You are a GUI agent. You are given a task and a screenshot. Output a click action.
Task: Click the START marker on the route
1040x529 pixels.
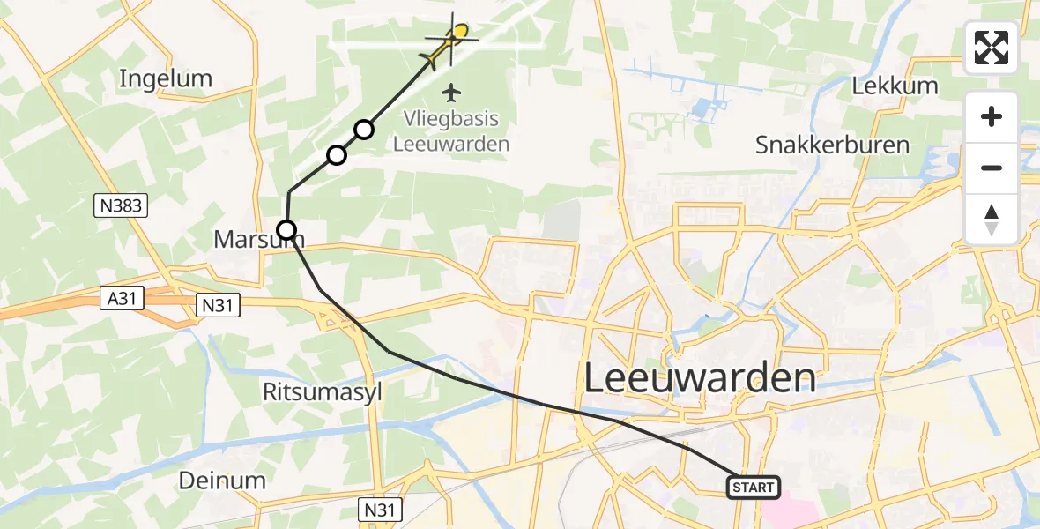tap(754, 487)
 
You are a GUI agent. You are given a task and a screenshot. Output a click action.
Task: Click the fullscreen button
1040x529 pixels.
tap(992, 48)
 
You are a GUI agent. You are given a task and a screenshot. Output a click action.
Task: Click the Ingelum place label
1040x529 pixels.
tap(166, 78)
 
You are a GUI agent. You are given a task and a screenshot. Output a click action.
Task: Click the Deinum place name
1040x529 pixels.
tap(222, 481)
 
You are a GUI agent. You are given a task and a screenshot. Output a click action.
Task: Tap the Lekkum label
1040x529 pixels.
tap(895, 86)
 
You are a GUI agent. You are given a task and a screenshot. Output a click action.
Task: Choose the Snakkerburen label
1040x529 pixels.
tap(832, 145)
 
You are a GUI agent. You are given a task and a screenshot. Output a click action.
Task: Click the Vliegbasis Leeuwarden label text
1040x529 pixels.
tap(451, 131)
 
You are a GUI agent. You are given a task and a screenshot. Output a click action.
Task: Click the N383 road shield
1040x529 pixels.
tap(121, 206)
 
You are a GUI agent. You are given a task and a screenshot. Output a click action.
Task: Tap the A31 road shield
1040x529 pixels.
tap(121, 301)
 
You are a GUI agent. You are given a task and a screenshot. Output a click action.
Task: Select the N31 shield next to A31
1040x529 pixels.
tap(218, 304)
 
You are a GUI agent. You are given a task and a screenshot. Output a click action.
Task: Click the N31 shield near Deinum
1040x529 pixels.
tap(382, 509)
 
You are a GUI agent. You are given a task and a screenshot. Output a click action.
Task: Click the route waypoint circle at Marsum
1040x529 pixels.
tap(286, 231)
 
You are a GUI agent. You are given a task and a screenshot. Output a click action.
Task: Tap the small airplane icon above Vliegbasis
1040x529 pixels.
tap(452, 92)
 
